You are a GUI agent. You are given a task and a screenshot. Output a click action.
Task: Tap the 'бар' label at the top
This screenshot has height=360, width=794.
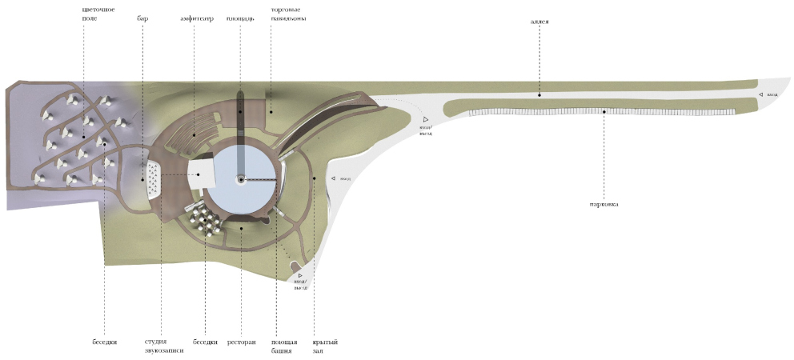pyautogui.click(x=142, y=18)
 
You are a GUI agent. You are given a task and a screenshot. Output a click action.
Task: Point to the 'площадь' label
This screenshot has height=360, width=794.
pyautogui.click(x=240, y=18)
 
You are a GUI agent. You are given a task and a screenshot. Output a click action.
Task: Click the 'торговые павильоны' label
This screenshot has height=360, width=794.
pyautogui.click(x=288, y=13)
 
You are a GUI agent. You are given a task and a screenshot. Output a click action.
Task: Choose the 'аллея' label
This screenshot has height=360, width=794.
pyautogui.click(x=539, y=22)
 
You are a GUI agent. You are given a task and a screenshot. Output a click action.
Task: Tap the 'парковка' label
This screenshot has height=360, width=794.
pyautogui.click(x=605, y=204)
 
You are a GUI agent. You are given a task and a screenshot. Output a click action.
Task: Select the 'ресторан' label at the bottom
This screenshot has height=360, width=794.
pyautogui.click(x=241, y=342)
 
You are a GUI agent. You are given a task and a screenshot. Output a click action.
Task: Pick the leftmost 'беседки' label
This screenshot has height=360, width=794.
pyautogui.click(x=105, y=342)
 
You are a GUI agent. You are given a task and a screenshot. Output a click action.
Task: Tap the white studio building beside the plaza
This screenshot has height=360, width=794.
pyautogui.click(x=203, y=173)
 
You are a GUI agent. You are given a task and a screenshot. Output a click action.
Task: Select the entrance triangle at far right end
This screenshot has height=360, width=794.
pyautogui.click(x=761, y=94)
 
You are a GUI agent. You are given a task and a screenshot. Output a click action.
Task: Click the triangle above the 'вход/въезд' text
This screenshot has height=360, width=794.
pyautogui.click(x=427, y=118)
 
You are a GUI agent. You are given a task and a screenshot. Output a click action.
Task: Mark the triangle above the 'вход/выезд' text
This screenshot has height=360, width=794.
pyautogui.click(x=299, y=271)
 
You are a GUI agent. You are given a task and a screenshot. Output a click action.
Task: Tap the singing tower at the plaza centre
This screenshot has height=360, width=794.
pyautogui.click(x=240, y=180)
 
